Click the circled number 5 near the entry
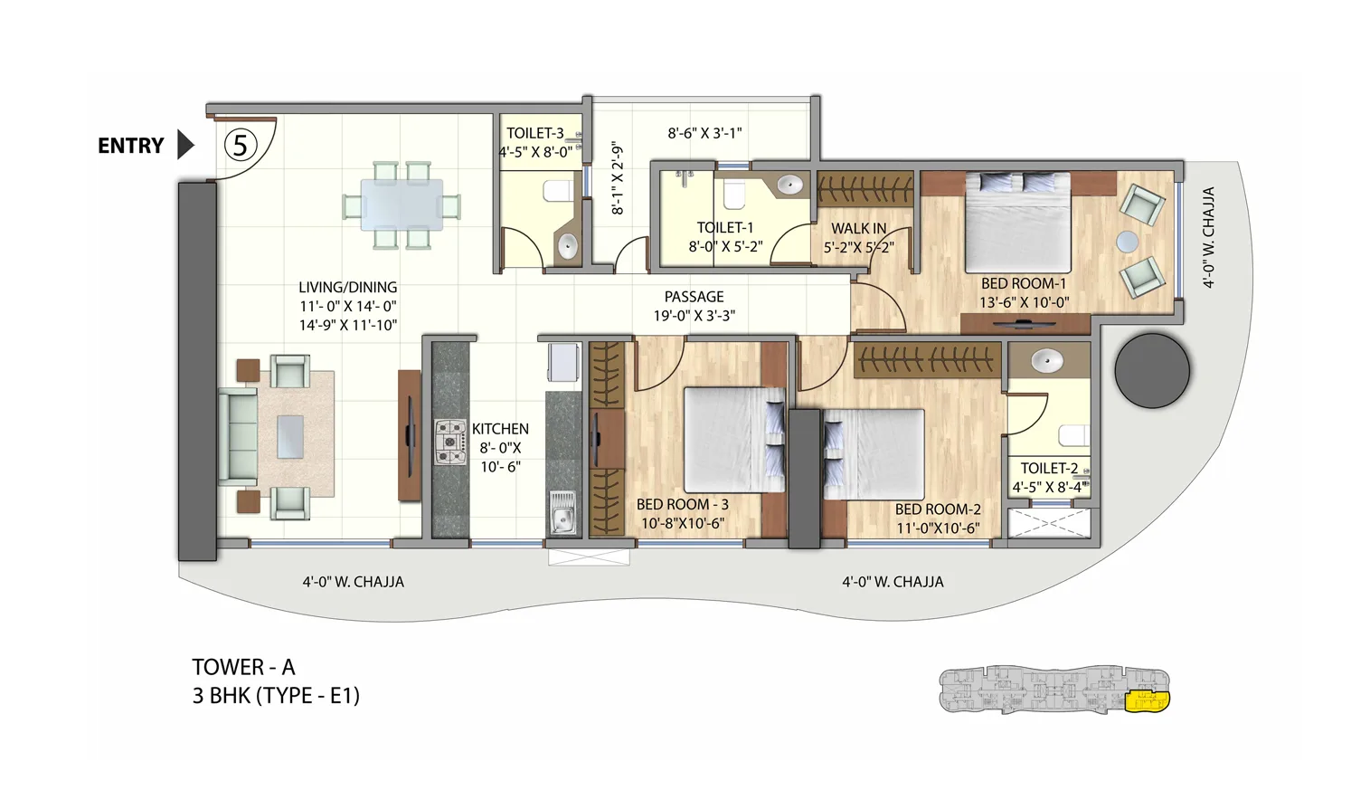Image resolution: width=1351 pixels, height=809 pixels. [x=241, y=145]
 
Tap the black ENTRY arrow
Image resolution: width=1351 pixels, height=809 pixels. [x=185, y=145]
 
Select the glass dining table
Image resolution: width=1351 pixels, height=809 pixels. [x=402, y=205]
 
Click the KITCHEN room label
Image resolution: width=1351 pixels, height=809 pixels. [x=500, y=429]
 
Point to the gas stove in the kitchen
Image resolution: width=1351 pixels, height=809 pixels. [x=449, y=441]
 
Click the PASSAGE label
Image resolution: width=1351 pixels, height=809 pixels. [x=694, y=297]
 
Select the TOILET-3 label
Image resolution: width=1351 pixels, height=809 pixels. [x=534, y=133]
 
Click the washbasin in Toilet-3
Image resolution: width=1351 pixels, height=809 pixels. [x=567, y=245]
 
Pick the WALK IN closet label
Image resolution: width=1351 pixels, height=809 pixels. [x=858, y=229]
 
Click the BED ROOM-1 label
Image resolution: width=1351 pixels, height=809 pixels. [x=1023, y=283]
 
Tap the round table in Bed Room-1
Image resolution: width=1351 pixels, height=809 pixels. [x=1127, y=242]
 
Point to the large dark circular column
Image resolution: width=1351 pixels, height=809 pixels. [x=1151, y=370]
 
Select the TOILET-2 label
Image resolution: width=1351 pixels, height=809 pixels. [x=1049, y=468]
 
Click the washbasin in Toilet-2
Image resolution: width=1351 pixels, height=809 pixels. [x=1048, y=361]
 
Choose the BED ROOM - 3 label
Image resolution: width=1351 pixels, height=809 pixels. [x=682, y=504]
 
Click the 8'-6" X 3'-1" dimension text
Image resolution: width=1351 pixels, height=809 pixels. [x=704, y=133]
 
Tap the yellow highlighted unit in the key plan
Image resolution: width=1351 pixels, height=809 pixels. [x=1147, y=700]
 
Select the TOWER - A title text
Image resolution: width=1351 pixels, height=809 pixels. [x=243, y=667]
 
